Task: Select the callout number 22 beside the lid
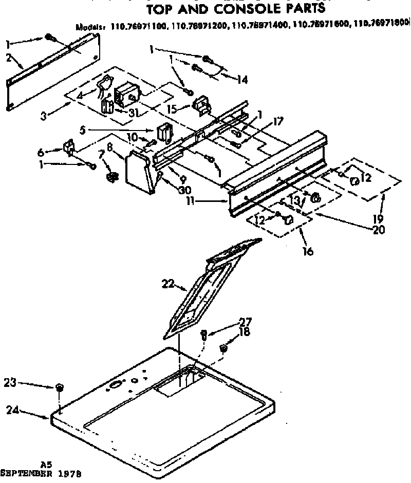pyautogui.click(x=169, y=284)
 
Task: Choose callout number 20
pyautogui.click(x=379, y=230)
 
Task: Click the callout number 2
pyautogui.click(x=9, y=58)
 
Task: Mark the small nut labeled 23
pyautogui.click(x=60, y=386)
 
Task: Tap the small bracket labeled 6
pyautogui.click(x=68, y=148)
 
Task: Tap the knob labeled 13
pyautogui.click(x=316, y=196)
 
